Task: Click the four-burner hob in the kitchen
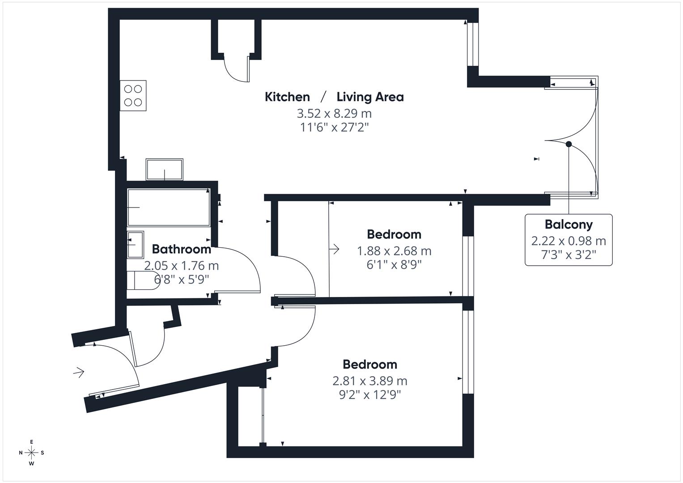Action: (x=133, y=96)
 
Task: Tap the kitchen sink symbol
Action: (x=165, y=169)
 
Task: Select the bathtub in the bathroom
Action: (x=168, y=208)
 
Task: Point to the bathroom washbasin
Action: (x=135, y=245)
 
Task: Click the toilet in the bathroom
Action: (x=142, y=280)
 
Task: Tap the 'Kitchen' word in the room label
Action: (x=287, y=97)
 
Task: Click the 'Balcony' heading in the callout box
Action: (x=568, y=225)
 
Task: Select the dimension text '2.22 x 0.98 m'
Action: (x=568, y=241)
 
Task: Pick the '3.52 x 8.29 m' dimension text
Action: (x=334, y=113)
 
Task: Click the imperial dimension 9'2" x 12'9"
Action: (x=369, y=395)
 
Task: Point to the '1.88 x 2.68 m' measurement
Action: (x=394, y=251)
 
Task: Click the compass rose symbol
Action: (x=32, y=453)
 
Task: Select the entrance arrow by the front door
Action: (x=79, y=372)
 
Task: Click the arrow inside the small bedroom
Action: (x=334, y=249)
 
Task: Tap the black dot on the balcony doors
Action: (x=568, y=144)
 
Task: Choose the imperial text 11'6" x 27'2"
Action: (x=334, y=127)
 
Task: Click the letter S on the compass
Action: (x=42, y=453)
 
